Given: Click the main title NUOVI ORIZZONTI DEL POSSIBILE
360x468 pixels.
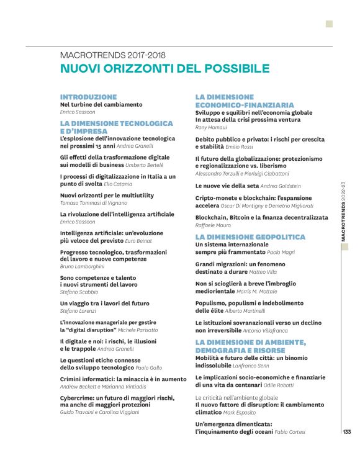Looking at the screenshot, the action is pos(164,68).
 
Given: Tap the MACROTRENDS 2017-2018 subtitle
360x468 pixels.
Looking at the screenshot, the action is pos(112,55).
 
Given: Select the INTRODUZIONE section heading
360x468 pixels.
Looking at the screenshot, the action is pos(88,97).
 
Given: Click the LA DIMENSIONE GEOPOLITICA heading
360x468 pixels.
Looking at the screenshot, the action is pos(250,237).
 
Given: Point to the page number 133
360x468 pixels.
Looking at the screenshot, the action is pos(346,432).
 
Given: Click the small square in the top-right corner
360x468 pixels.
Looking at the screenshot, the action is pos(329,24).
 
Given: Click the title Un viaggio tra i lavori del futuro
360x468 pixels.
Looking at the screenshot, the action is pos(105,303).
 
